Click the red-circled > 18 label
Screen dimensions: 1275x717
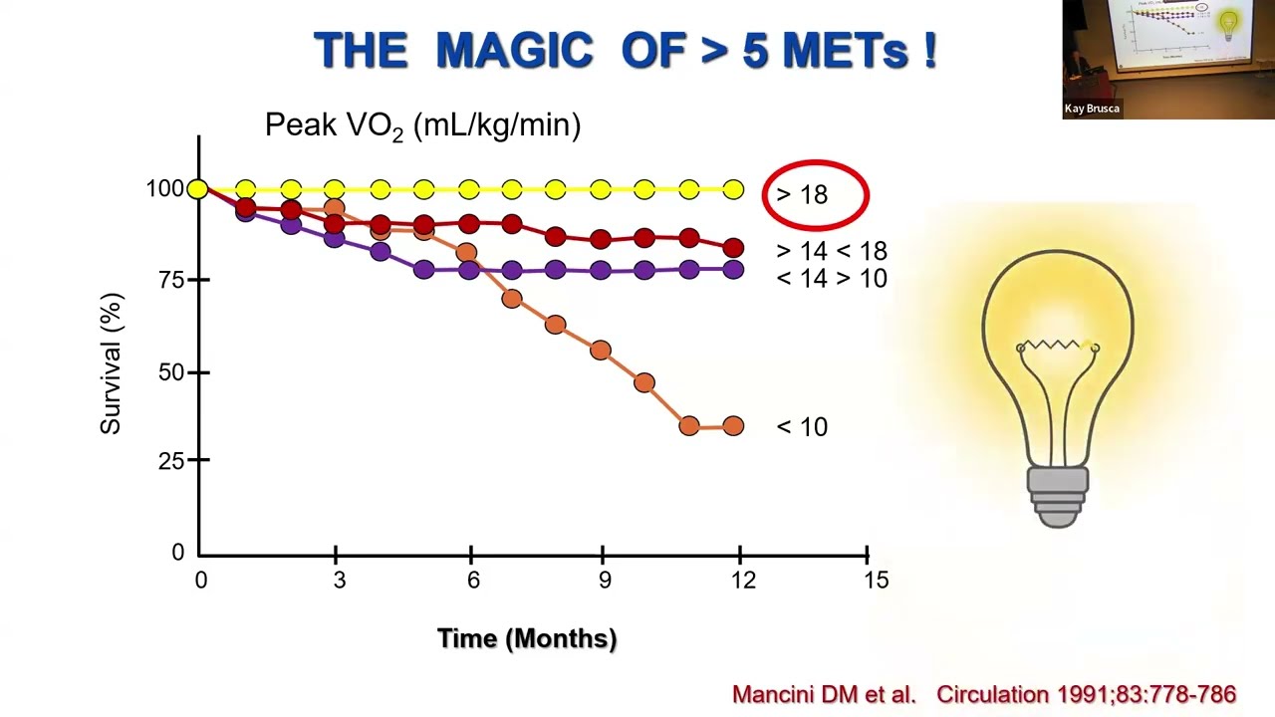pyautogui.click(x=802, y=195)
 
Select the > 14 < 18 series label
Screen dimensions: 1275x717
pyautogui.click(x=832, y=251)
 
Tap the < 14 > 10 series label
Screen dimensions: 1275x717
pyautogui.click(x=832, y=278)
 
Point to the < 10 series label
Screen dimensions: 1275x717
pyautogui.click(x=802, y=427)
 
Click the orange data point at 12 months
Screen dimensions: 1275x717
pyautogui.click(x=734, y=425)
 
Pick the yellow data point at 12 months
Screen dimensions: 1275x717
pyautogui.click(x=734, y=189)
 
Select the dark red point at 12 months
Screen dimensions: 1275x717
pyautogui.click(x=734, y=248)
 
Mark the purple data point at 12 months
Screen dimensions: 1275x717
pyautogui.click(x=734, y=269)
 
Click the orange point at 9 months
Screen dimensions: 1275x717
pyautogui.click(x=601, y=350)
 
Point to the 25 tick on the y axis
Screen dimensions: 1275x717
pyautogui.click(x=171, y=461)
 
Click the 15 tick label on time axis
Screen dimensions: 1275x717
pyautogui.click(x=876, y=581)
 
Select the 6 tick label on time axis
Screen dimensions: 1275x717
pyautogui.click(x=473, y=581)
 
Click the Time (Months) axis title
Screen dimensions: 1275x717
pyautogui.click(x=527, y=638)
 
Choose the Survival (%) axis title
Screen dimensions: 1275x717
pyautogui.click(x=111, y=364)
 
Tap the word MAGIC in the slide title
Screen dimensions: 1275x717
pyautogui.click(x=515, y=50)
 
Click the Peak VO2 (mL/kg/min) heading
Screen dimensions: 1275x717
pyautogui.click(x=423, y=125)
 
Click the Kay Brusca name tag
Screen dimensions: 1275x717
pyautogui.click(x=1092, y=109)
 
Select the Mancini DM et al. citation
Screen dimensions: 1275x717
pyautogui.click(x=824, y=695)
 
